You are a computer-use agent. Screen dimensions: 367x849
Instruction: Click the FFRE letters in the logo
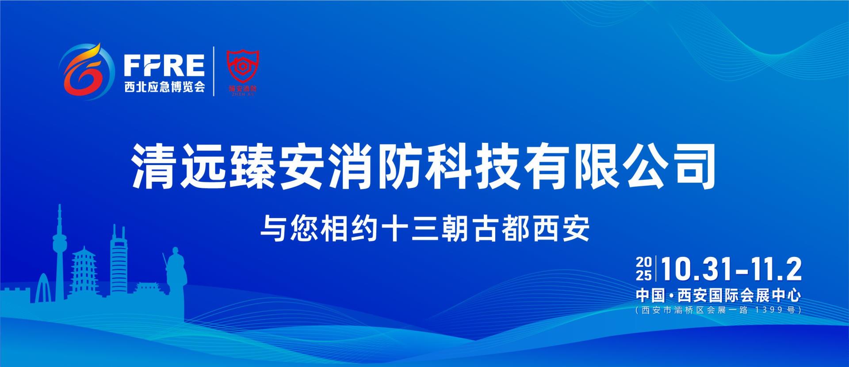tap(164, 66)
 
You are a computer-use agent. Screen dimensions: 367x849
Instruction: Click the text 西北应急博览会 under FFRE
tap(164, 87)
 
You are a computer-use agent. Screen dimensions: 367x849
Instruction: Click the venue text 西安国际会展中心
tap(739, 295)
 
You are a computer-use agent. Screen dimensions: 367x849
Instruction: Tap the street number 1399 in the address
tap(769, 310)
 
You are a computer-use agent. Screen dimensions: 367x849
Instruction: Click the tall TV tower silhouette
tap(58, 248)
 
